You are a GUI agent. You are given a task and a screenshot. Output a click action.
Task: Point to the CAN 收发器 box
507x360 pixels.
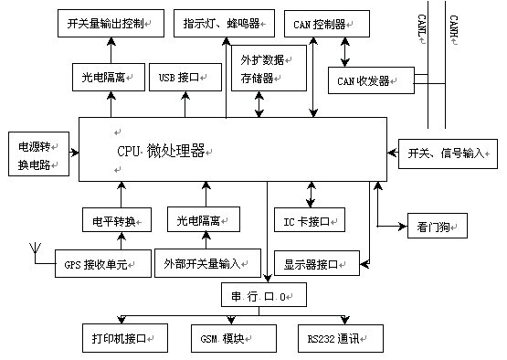tap(364, 80)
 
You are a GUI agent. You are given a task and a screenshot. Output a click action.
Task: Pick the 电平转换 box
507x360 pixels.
tap(113, 220)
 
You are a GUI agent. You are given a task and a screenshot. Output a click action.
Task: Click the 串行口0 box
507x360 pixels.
tap(264, 295)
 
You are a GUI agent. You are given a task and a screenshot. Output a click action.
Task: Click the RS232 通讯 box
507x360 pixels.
tap(335, 339)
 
